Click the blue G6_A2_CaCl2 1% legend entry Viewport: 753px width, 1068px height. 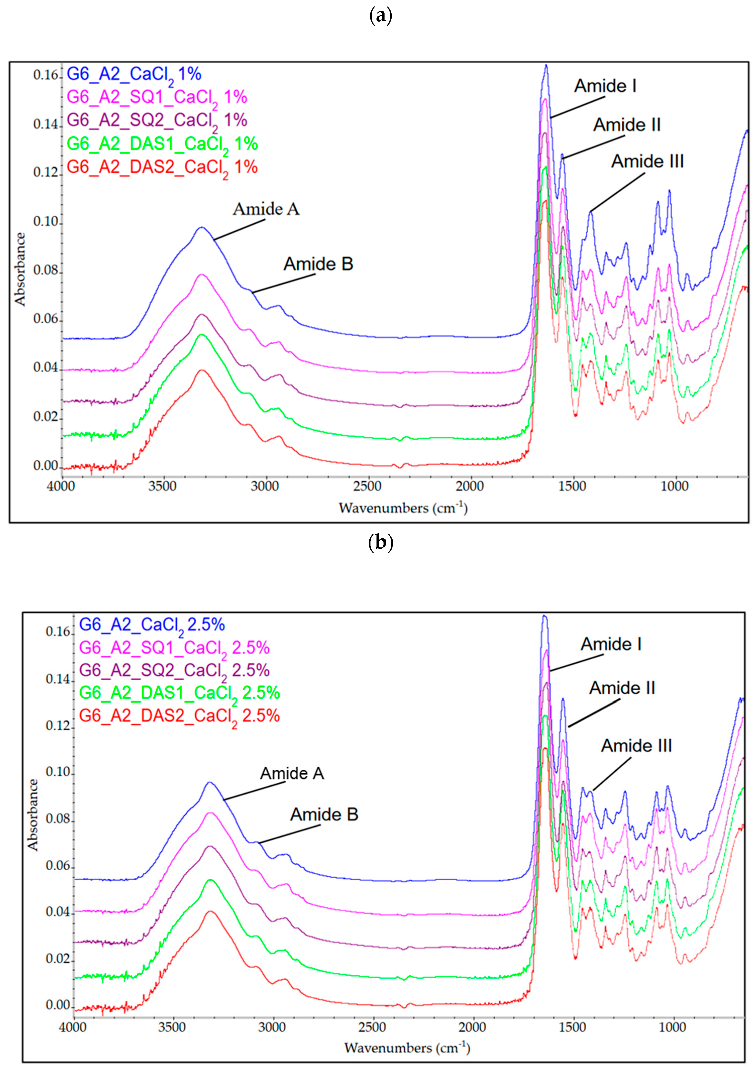(x=134, y=75)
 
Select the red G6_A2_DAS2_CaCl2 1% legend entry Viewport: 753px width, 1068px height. (x=162, y=167)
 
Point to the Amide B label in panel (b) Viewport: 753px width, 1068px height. (x=324, y=814)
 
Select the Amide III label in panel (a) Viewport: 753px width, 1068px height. (x=647, y=161)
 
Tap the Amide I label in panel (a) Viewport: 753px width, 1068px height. (x=605, y=86)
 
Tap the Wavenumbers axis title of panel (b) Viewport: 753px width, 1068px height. (x=407, y=1048)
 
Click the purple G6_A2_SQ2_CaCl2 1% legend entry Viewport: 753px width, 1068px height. (x=157, y=120)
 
